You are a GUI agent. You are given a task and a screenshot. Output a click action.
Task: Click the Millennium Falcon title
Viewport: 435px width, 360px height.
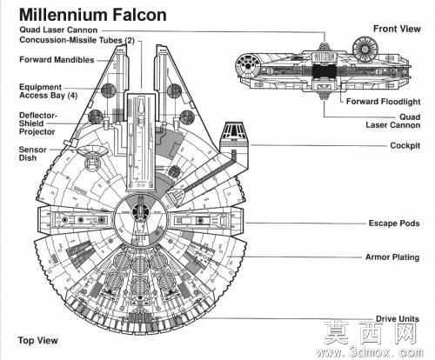tap(93, 15)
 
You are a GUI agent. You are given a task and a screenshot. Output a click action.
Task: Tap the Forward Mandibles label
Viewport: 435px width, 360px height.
tap(57, 60)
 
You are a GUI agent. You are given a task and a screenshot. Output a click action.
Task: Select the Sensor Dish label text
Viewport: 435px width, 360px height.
tap(32, 154)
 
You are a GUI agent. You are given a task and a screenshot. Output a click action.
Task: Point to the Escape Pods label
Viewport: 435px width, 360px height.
tap(394, 223)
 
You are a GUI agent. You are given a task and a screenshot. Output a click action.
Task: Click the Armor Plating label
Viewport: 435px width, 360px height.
tap(392, 257)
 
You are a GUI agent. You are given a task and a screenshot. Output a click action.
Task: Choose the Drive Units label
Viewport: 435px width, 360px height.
tap(398, 319)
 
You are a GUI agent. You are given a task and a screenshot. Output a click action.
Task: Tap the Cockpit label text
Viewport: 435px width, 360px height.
tap(405, 145)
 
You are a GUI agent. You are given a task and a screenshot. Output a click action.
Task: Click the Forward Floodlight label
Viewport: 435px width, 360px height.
tap(383, 102)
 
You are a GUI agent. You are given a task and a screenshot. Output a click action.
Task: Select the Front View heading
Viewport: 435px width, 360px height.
tap(397, 29)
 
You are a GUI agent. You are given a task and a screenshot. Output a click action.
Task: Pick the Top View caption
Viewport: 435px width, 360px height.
tap(38, 340)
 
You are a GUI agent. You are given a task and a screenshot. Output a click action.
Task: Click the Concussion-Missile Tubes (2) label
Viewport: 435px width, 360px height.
tap(77, 40)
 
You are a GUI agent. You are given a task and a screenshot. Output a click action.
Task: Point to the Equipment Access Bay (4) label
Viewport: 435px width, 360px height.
tap(48, 91)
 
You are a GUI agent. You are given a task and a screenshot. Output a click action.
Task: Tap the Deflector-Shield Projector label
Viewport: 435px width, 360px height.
tap(38, 123)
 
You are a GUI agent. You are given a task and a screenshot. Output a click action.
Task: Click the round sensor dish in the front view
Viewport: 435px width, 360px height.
tap(365, 49)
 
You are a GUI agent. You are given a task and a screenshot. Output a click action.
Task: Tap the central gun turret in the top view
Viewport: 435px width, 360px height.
tap(140, 212)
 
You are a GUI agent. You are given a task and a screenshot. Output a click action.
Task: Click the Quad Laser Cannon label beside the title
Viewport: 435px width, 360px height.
tap(58, 30)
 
